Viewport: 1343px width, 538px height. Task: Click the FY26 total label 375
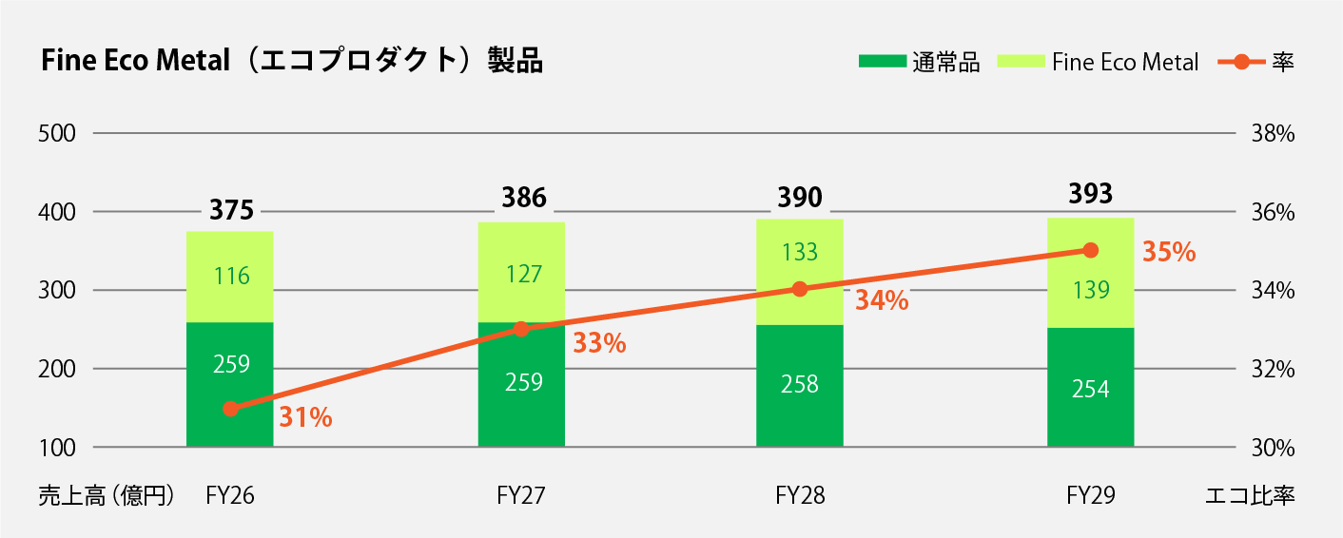click(x=231, y=210)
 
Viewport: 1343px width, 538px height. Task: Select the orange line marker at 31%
click(x=231, y=409)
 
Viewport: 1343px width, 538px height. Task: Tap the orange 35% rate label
click(x=1169, y=252)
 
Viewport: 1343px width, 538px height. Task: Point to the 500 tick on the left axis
click(x=57, y=133)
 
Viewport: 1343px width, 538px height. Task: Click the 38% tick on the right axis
click(x=1273, y=133)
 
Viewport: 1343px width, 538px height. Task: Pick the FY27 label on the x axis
click(x=521, y=495)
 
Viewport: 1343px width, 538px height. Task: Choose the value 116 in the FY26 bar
click(x=231, y=277)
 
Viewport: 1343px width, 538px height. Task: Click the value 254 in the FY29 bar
click(x=1091, y=390)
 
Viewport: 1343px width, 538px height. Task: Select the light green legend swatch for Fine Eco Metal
click(x=1021, y=61)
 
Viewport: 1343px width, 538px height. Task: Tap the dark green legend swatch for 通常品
click(x=883, y=61)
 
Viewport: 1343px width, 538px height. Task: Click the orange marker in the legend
click(x=1241, y=62)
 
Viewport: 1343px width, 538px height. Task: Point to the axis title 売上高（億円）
click(x=107, y=495)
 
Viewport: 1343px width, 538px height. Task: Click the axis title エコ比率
click(x=1250, y=495)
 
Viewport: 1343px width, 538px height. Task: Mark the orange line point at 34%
click(x=800, y=289)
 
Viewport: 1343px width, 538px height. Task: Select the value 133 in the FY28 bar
click(x=800, y=252)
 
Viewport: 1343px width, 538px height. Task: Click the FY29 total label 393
click(x=1091, y=194)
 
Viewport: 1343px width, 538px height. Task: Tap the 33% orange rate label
click(x=599, y=343)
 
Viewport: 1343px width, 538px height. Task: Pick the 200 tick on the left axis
click(x=57, y=369)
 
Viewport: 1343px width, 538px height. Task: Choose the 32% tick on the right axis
click(x=1273, y=369)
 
